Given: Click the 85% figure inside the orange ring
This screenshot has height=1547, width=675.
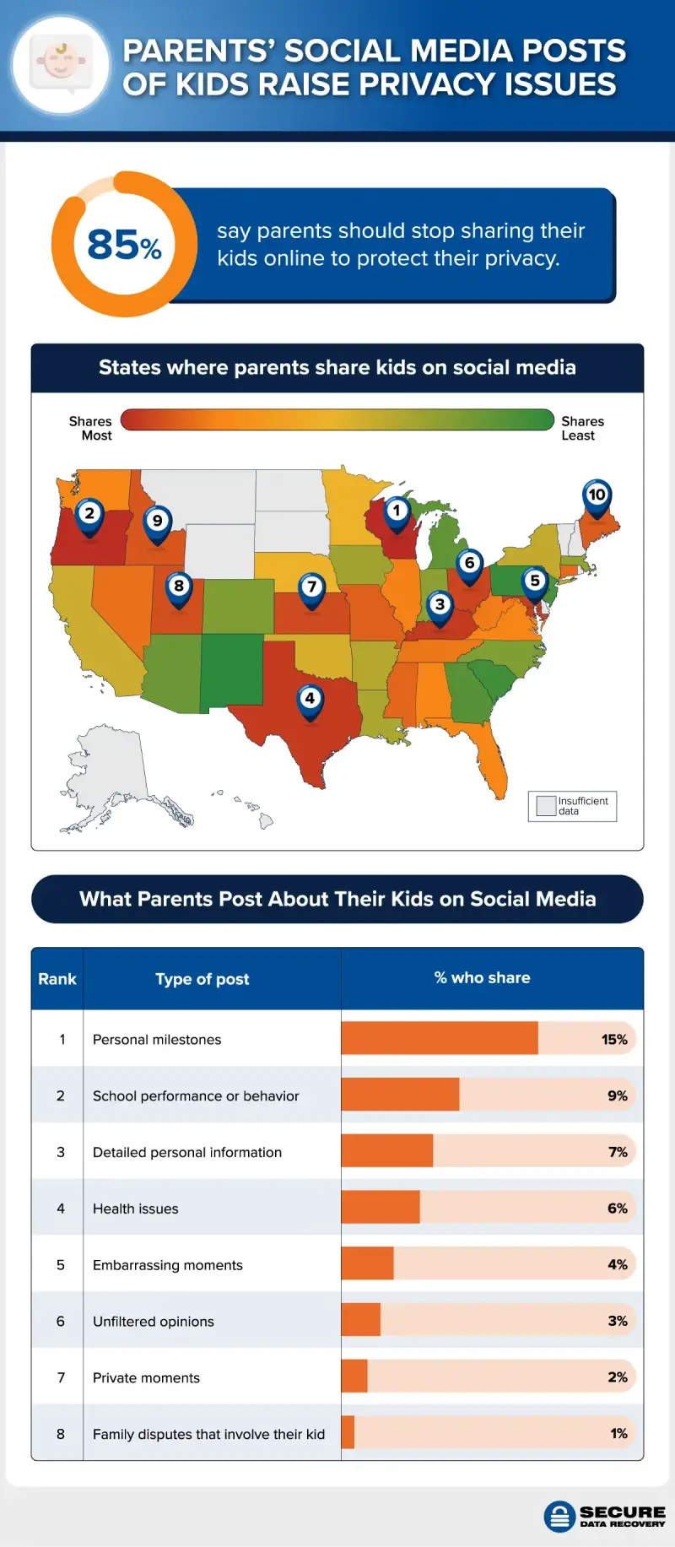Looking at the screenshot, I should tap(124, 245).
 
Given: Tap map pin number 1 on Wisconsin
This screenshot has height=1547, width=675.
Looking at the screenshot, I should tap(397, 511).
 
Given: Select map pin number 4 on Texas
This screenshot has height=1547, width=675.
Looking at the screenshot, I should tap(310, 700).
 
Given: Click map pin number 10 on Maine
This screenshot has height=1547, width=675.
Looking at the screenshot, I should tap(597, 495).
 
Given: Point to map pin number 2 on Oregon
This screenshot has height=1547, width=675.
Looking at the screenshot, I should tap(89, 514).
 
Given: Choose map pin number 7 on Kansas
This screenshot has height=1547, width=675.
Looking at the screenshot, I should tap(312, 587).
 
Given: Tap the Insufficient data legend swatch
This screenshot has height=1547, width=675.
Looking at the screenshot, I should tap(546, 805).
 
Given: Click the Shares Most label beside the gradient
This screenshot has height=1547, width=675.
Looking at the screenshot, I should tap(91, 428).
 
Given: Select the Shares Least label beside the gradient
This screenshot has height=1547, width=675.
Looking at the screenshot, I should tap(582, 428).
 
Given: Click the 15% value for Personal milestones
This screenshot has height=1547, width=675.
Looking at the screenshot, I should tap(614, 1039).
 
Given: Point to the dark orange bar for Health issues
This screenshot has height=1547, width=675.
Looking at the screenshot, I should tap(381, 1208).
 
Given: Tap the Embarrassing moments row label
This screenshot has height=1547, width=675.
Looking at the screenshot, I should tap(168, 1264).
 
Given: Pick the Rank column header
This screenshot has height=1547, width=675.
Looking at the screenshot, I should tap(57, 979).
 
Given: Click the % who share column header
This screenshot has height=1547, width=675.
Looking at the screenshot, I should tap(483, 977).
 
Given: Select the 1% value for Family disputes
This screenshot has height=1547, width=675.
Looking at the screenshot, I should tap(618, 1433).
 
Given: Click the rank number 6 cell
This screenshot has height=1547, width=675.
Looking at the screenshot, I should tap(60, 1321).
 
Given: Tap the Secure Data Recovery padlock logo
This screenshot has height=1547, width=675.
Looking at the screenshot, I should tap(559, 1517).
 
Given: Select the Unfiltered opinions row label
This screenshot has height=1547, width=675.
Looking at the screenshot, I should tap(154, 1321).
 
